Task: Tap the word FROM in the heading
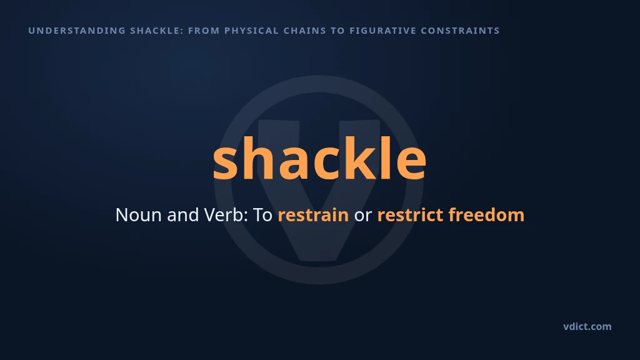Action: (204, 31)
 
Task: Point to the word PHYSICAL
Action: (251, 31)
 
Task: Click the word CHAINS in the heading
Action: (305, 31)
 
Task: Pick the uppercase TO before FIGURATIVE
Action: (338, 31)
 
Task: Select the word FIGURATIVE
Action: (383, 31)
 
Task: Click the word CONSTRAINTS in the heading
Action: (461, 31)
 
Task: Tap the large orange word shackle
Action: (319, 157)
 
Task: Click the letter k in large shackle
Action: (361, 157)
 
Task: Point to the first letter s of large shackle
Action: (226, 162)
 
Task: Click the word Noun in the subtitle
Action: (138, 215)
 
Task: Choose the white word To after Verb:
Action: (262, 215)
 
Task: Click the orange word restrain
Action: (313, 215)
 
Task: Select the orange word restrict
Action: (410, 215)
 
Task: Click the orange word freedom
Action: (486, 215)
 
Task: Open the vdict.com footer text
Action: (587, 326)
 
